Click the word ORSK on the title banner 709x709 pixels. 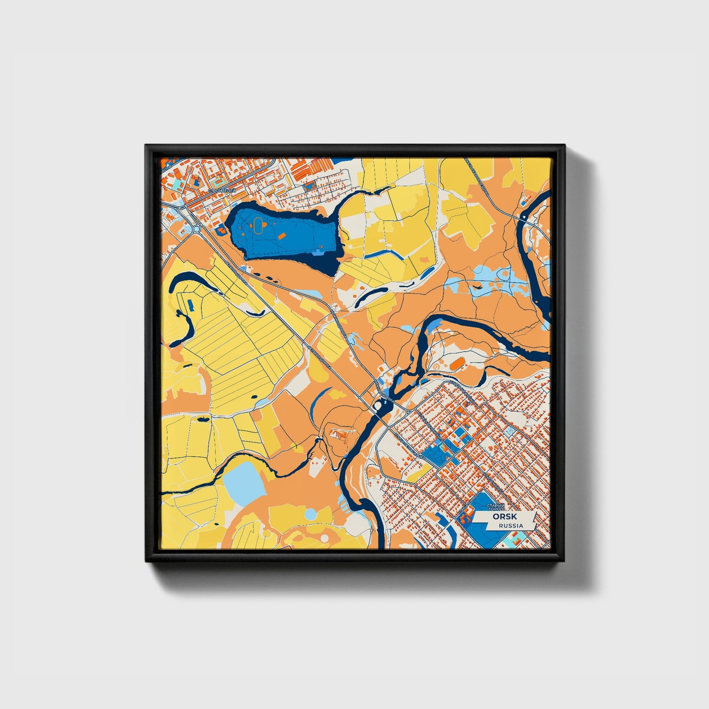point(504,517)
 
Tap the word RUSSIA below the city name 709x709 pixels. point(511,525)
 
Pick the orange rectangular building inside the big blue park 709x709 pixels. point(282,236)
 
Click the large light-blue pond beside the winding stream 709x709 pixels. point(244,479)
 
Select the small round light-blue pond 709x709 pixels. point(311,514)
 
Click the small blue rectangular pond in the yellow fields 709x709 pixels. point(190,305)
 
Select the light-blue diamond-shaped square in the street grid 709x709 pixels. point(511,431)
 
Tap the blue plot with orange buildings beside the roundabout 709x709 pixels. point(220,229)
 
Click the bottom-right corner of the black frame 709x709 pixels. point(564,562)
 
